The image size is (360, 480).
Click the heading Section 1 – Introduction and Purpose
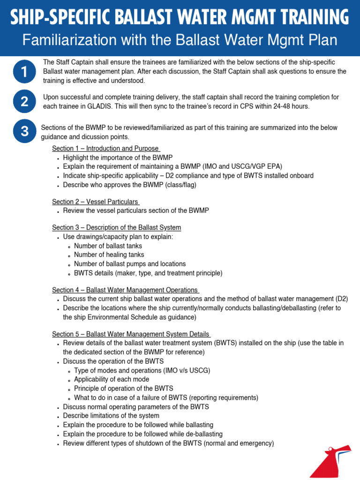click(x=105, y=149)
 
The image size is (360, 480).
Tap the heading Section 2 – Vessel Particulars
click(x=95, y=202)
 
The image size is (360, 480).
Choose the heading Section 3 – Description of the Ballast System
click(x=116, y=227)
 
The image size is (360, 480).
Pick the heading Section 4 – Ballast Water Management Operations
click(x=125, y=290)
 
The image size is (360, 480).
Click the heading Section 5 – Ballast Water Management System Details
click(x=131, y=334)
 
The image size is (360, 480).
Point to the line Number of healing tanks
click(x=108, y=255)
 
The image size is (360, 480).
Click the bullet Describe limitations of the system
click(x=111, y=416)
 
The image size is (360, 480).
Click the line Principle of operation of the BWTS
click(x=124, y=389)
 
